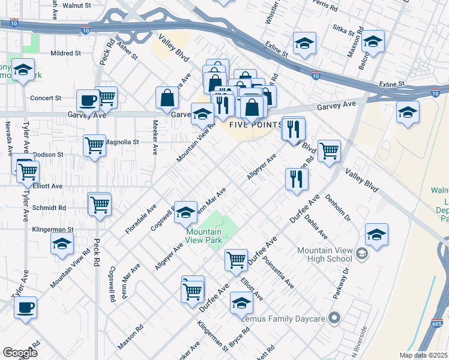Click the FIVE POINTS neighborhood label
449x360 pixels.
point(255,125)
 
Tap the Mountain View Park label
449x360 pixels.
point(203,236)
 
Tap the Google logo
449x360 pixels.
point(20,352)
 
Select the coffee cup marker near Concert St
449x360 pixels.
point(88,100)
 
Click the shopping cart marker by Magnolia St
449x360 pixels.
point(95,145)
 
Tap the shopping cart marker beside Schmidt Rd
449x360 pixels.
point(99,204)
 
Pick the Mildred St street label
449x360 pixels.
point(65,53)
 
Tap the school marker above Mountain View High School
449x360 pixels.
point(376,235)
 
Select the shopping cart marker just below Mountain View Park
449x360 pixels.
point(236,260)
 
